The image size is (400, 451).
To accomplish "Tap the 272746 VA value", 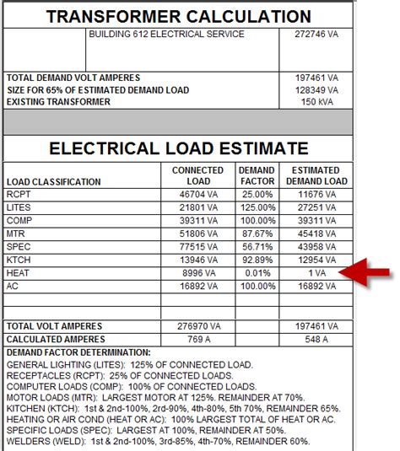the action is [314, 35].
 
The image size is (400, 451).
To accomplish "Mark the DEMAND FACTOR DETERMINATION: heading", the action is [78, 352].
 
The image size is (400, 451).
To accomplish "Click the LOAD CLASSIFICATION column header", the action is [53, 181].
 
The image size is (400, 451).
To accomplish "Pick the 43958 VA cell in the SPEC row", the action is [316, 246].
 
